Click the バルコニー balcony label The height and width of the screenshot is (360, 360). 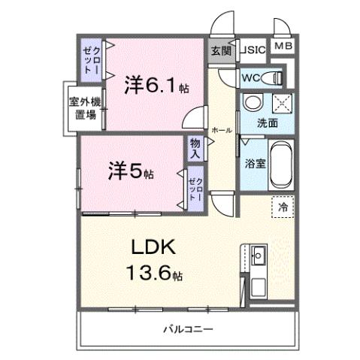tap(188, 328)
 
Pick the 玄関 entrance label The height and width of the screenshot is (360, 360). tap(220, 51)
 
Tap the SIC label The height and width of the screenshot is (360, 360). tap(253, 50)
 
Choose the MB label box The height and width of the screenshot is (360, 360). tap(283, 47)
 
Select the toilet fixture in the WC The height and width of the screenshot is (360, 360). tap(275, 77)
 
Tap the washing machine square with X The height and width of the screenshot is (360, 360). tap(279, 103)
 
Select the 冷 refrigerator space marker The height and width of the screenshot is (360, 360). tap(283, 206)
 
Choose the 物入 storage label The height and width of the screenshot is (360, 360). tap(195, 147)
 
